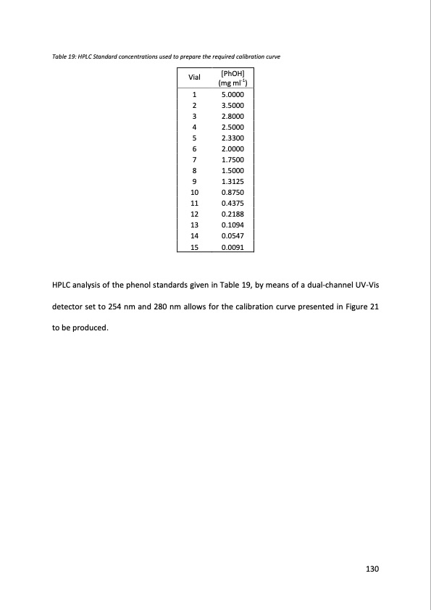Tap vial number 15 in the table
click(193, 247)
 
